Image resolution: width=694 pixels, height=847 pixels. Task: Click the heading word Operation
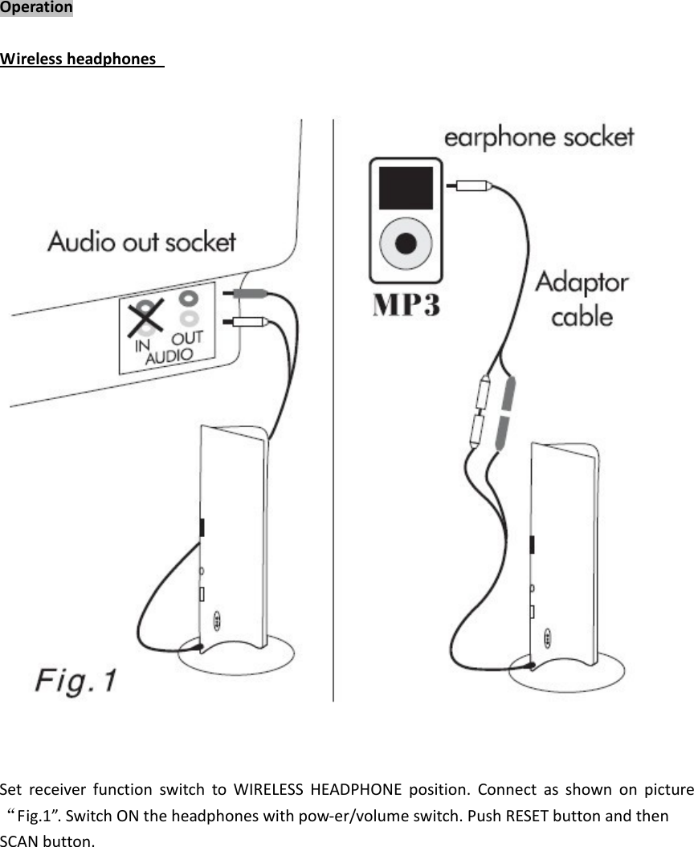pos(36,8)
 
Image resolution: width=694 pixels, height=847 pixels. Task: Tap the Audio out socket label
pos(141,242)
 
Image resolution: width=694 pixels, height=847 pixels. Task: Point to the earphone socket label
pos(539,137)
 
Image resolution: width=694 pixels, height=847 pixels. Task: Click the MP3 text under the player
pos(406,306)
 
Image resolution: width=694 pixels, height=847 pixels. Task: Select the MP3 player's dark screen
pos(406,188)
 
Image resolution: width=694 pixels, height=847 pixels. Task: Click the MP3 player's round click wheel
pos(406,242)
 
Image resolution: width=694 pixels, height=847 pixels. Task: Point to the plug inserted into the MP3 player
pos(471,185)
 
